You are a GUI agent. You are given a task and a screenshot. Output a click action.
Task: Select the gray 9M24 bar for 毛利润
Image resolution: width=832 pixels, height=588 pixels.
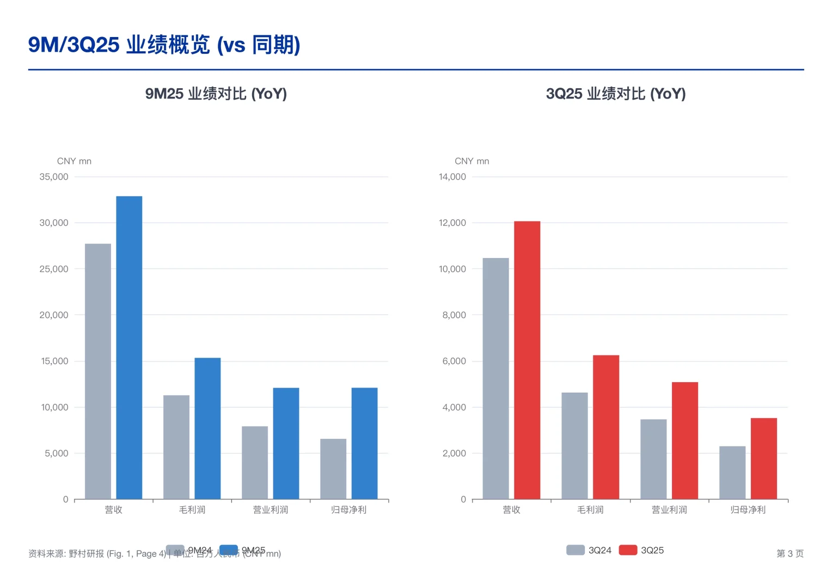click(x=176, y=447)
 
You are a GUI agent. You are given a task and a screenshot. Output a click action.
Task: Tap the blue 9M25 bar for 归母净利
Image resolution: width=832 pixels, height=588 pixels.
click(x=364, y=443)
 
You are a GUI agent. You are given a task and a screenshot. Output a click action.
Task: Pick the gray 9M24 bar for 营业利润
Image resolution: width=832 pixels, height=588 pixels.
click(x=255, y=462)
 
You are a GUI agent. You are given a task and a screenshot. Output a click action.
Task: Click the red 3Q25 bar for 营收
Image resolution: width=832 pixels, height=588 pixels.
click(x=527, y=360)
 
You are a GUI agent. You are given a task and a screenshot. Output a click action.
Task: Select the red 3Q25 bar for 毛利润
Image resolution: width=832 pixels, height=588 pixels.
click(x=605, y=427)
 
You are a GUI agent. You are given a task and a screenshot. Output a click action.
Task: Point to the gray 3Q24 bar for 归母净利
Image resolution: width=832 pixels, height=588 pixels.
click(x=732, y=472)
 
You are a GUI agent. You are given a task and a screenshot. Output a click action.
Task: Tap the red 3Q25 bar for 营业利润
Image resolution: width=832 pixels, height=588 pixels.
click(x=684, y=440)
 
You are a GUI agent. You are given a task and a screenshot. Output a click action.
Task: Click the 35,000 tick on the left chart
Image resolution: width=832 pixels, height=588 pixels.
click(x=54, y=177)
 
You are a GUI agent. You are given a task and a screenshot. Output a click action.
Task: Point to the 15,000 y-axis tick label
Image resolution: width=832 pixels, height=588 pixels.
click(x=54, y=361)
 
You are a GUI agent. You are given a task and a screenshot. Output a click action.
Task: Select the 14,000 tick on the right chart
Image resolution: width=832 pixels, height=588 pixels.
click(x=452, y=177)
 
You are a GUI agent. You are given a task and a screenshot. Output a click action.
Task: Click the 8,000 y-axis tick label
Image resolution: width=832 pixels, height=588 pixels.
click(x=454, y=315)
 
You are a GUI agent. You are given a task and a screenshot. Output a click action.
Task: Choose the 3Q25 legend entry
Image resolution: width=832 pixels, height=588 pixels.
click(x=643, y=550)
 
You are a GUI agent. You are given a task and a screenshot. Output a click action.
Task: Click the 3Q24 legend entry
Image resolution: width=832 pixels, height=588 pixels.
click(x=589, y=550)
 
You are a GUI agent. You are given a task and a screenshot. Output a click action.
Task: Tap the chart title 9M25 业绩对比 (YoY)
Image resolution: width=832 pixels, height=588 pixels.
click(x=216, y=94)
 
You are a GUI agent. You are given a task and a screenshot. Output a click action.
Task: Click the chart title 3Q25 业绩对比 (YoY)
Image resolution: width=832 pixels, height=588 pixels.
click(x=615, y=94)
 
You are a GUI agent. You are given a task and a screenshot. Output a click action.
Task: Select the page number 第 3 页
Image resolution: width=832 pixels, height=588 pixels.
click(x=790, y=553)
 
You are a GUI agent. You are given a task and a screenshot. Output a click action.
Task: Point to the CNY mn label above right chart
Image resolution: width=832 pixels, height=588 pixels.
click(x=472, y=161)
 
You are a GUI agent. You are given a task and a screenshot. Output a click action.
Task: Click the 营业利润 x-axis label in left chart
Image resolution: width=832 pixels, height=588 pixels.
click(x=271, y=510)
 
